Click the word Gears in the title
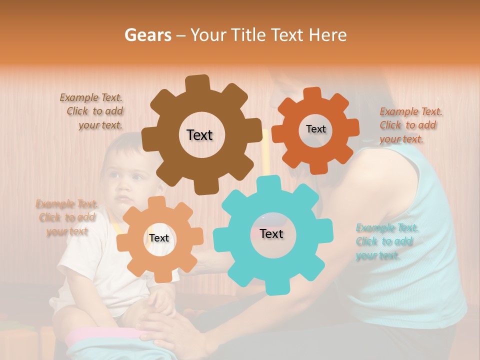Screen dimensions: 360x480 click(147, 35)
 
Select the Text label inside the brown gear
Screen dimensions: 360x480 click(199, 135)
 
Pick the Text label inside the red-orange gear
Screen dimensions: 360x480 click(315, 129)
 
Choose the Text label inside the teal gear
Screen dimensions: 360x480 click(271, 233)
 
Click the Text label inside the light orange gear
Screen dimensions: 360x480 click(159, 238)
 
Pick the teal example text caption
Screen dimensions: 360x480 click(386, 241)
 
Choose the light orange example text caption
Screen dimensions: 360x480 click(67, 217)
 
